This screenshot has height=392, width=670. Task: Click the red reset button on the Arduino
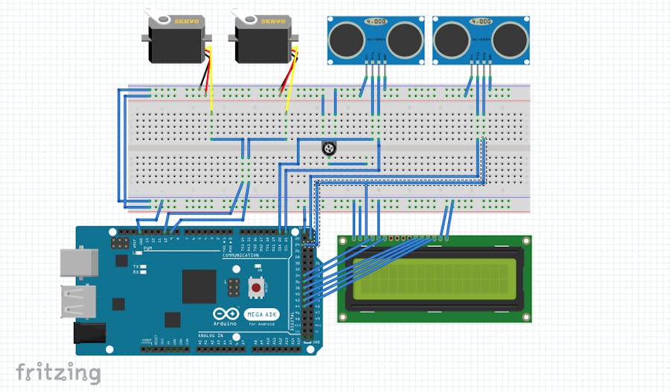[x=255, y=287]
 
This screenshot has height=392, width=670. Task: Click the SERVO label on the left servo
[x=186, y=22]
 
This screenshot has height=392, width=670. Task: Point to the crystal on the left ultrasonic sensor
[x=376, y=22]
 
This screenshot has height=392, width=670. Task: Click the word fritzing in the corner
[x=58, y=372]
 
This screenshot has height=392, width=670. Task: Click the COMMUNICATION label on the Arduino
[x=240, y=255]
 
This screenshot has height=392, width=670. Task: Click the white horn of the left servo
[x=153, y=13]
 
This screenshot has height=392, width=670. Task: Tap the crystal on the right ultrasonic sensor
[x=482, y=22]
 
